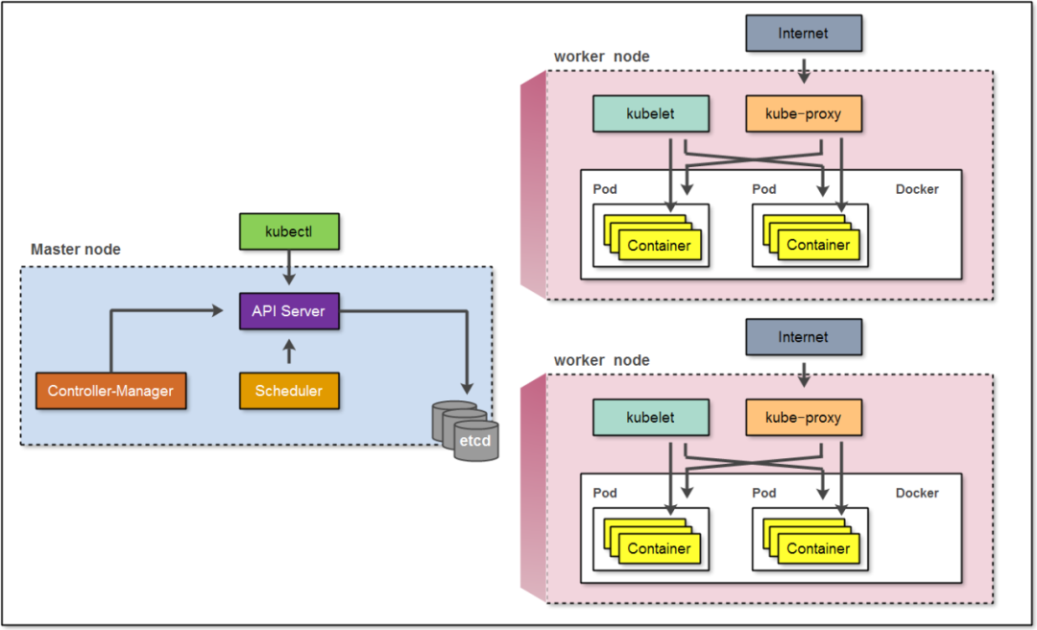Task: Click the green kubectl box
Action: [x=289, y=231]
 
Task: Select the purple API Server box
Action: [x=289, y=311]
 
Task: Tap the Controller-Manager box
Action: [x=110, y=391]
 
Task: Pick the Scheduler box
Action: [x=289, y=391]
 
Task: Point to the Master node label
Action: [x=76, y=250]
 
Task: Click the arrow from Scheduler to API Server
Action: [x=289, y=351]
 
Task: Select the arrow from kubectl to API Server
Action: [x=289, y=271]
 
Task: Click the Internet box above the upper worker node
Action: [x=804, y=34]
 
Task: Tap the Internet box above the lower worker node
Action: [x=804, y=337]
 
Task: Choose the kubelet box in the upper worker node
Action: [x=651, y=113]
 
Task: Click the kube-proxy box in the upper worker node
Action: [x=804, y=113]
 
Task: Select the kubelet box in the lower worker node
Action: [x=651, y=418]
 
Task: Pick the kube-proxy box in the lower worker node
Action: [x=804, y=418]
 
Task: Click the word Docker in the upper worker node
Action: [x=917, y=189]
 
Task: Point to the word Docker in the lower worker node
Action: [x=917, y=493]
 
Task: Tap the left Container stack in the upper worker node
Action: [x=653, y=239]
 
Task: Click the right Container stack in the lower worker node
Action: [x=812, y=543]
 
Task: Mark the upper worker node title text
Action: [x=601, y=57]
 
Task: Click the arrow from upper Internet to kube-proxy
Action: [x=804, y=68]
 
